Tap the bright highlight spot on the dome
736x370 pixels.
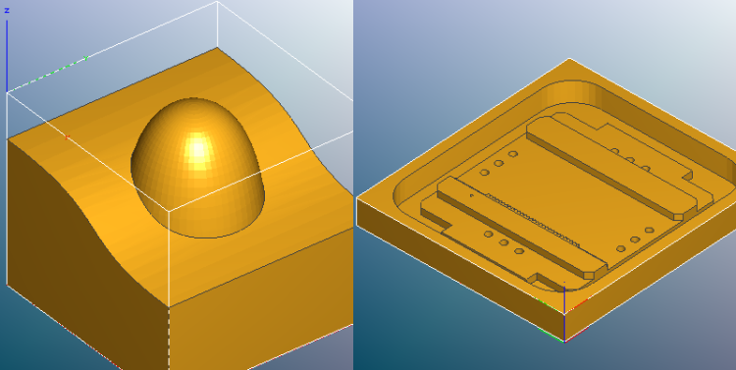199,148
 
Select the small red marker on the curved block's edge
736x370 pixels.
68,136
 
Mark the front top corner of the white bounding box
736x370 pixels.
169,209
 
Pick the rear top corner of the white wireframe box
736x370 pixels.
216,3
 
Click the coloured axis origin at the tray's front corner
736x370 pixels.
564,340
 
